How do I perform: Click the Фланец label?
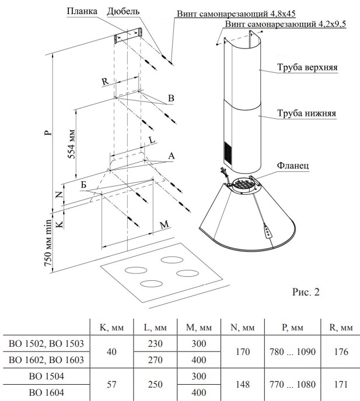(x=294, y=165)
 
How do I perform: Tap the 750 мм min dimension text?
(x=49, y=243)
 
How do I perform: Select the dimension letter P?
(x=50, y=132)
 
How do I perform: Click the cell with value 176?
(x=341, y=352)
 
